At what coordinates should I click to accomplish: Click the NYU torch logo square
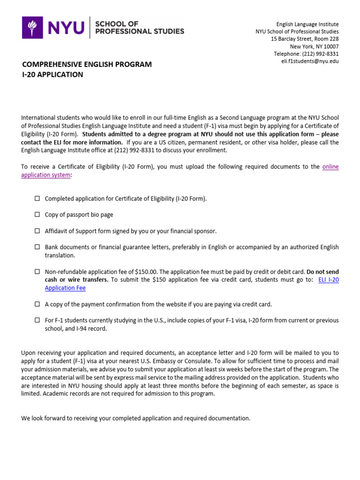pyautogui.click(x=32, y=27)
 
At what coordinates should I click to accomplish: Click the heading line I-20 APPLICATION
pyautogui.click(x=52, y=75)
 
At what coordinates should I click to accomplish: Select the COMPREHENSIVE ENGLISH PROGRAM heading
pyautogui.click(x=86, y=64)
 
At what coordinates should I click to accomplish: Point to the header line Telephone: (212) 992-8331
pyautogui.click(x=306, y=54)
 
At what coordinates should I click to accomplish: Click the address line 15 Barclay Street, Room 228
pyautogui.click(x=305, y=39)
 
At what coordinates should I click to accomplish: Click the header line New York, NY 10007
pyautogui.click(x=314, y=46)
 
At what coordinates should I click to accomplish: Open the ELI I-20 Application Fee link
pyautogui.click(x=65, y=288)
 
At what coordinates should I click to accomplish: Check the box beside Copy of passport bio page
pyautogui.click(x=37, y=214)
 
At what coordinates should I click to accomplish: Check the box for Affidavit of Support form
pyautogui.click(x=37, y=231)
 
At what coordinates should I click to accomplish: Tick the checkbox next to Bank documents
pyautogui.click(x=37, y=247)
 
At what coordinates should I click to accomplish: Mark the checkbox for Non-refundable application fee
pyautogui.click(x=37, y=271)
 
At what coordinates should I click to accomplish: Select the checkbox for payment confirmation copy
pyautogui.click(x=37, y=304)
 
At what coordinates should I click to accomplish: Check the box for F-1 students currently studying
pyautogui.click(x=37, y=320)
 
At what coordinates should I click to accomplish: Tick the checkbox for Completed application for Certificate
pyautogui.click(x=37, y=198)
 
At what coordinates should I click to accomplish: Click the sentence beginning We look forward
pyautogui.click(x=136, y=418)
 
